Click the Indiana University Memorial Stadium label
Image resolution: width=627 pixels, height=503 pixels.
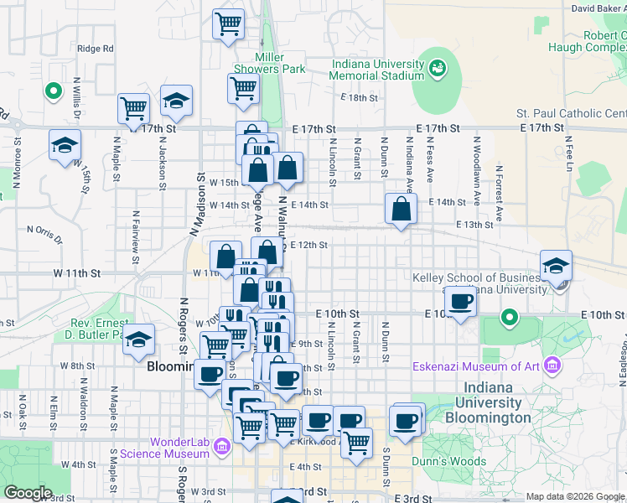(x=377, y=70)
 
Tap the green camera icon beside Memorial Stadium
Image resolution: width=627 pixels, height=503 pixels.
(x=437, y=68)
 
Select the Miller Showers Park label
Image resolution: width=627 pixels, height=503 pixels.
(x=269, y=63)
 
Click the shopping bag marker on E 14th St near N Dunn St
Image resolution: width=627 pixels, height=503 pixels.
(x=402, y=210)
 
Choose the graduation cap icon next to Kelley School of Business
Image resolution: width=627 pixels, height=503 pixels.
(x=556, y=267)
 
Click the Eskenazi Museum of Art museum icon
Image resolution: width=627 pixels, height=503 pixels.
(x=552, y=366)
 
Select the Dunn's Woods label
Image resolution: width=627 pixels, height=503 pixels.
(x=448, y=461)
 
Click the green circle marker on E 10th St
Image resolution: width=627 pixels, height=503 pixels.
(x=509, y=318)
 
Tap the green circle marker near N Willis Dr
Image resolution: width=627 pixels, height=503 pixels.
(x=53, y=91)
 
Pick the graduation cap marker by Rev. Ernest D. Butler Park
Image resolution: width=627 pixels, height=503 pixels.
(x=140, y=340)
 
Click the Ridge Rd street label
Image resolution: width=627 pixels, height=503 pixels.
(x=95, y=49)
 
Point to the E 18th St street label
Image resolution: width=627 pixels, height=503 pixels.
(x=360, y=98)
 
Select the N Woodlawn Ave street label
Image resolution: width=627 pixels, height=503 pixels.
(x=476, y=172)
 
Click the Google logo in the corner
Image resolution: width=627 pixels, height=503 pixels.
(x=28, y=493)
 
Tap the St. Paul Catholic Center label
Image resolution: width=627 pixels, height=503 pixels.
(x=571, y=113)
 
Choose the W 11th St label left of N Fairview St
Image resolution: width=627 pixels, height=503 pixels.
(x=76, y=273)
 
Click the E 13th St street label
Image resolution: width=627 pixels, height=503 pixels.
(x=474, y=225)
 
